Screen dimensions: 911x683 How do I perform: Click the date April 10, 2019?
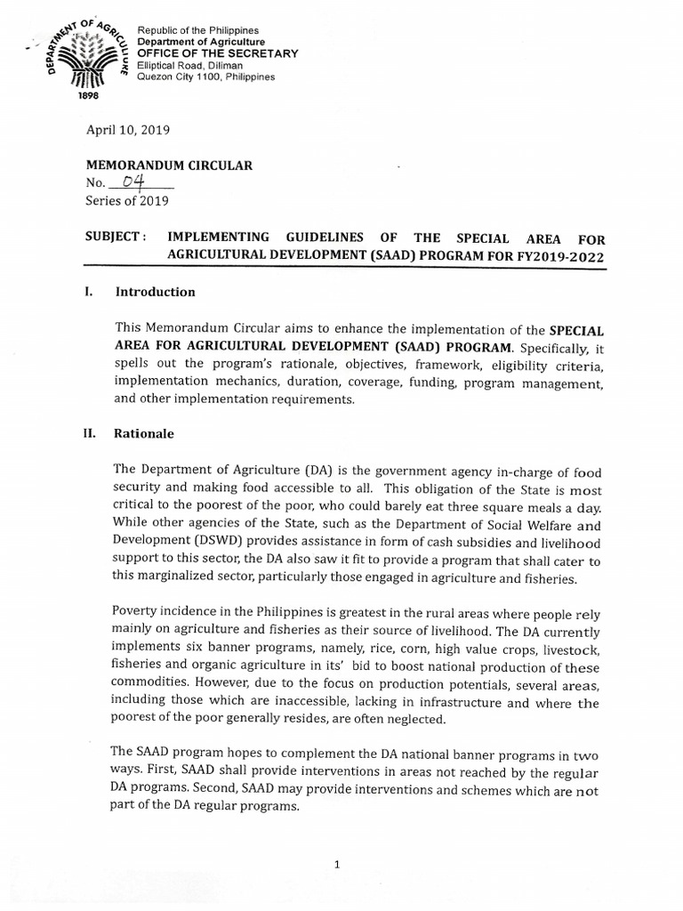(127, 129)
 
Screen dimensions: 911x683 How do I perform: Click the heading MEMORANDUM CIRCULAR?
(168, 165)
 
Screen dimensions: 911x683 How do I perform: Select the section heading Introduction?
(156, 292)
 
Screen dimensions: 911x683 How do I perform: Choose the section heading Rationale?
(145, 434)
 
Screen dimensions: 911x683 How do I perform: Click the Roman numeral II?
(91, 434)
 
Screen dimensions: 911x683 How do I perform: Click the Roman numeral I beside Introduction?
(88, 292)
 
